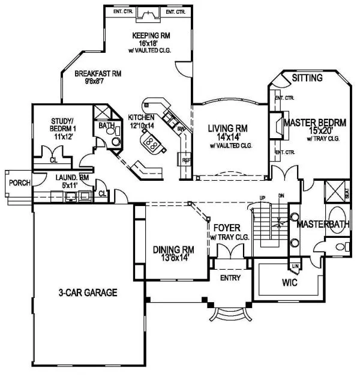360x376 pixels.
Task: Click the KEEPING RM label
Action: pos(148,35)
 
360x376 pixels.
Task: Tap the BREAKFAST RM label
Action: pos(98,74)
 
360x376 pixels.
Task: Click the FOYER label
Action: pos(228,228)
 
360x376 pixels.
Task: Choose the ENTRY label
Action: pos(230,277)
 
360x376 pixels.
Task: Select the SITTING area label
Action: pos(307,78)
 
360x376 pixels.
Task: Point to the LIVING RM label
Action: pos(228,128)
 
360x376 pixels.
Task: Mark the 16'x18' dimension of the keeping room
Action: pos(148,43)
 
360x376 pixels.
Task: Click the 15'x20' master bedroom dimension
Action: pos(314,132)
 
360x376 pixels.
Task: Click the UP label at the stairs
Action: pos(262,198)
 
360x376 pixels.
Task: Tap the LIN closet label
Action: pos(295,265)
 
